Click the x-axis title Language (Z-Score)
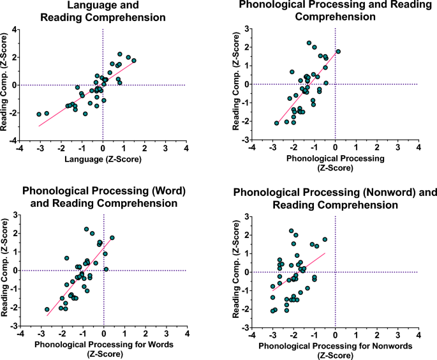click(103, 158)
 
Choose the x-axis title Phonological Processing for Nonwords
click(335, 345)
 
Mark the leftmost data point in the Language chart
click(39, 114)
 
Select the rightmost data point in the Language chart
click(133, 61)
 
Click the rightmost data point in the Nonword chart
click(325, 240)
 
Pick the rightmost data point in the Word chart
click(112, 238)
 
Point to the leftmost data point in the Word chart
click(47, 310)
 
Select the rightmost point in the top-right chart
click(338, 52)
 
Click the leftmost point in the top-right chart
click(277, 123)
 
